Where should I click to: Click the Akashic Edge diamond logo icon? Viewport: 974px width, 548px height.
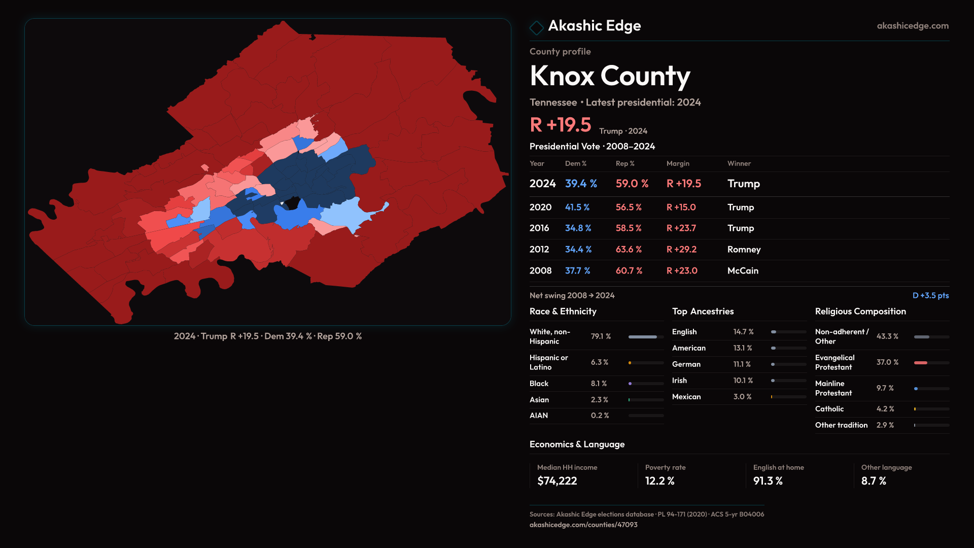pyautogui.click(x=536, y=27)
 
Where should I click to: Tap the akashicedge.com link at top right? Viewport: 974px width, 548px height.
pyautogui.click(x=912, y=26)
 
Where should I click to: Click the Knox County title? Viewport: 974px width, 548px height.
pyautogui.click(x=609, y=76)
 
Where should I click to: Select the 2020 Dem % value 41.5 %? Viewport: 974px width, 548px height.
pyautogui.click(x=577, y=208)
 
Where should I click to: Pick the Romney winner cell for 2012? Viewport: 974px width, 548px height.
pyautogui.click(x=744, y=250)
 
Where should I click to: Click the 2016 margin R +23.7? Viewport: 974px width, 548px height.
pyautogui.click(x=681, y=228)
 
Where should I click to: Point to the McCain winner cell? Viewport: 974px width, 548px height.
pyautogui.click(x=743, y=271)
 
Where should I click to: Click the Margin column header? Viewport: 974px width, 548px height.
pyautogui.click(x=678, y=163)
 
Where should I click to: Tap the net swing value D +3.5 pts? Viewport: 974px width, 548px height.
pyautogui.click(x=930, y=295)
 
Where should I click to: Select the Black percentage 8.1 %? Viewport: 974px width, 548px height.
pyautogui.click(x=599, y=384)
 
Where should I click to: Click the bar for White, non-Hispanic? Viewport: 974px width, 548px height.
pyautogui.click(x=643, y=337)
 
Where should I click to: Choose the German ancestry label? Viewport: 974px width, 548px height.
pyautogui.click(x=686, y=364)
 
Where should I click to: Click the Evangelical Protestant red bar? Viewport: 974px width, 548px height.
pyautogui.click(x=921, y=363)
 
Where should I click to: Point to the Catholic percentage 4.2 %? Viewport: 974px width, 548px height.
pyautogui.click(x=885, y=409)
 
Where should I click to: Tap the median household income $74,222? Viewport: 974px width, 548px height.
pyautogui.click(x=557, y=481)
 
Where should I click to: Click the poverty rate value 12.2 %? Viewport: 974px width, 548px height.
pyautogui.click(x=659, y=481)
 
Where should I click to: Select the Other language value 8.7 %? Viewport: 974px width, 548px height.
pyautogui.click(x=874, y=481)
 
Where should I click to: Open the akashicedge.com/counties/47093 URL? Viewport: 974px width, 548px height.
pyautogui.click(x=583, y=525)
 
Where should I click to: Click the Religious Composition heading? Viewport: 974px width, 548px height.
pyautogui.click(x=860, y=312)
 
